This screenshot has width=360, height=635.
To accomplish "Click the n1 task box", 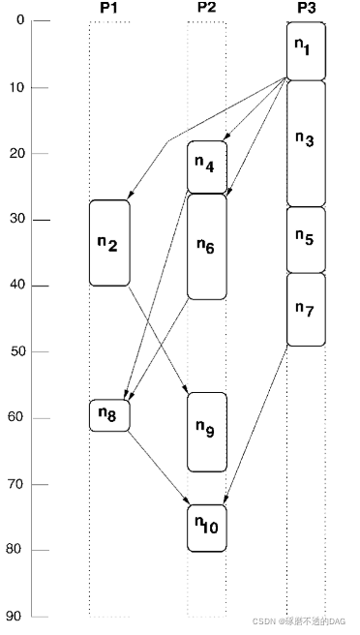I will tap(306, 50).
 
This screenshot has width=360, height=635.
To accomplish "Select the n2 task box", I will tap(109, 243).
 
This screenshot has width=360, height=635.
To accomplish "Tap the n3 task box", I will tap(306, 142).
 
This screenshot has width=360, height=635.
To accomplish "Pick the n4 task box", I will tap(206, 166).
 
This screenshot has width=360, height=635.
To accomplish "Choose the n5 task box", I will tap(306, 239).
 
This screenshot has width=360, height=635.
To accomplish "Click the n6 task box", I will tap(206, 246).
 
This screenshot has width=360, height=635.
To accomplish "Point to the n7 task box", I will tap(306, 309).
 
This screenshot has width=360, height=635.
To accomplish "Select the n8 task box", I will tap(109, 415).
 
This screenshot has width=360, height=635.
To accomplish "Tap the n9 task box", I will tap(206, 432).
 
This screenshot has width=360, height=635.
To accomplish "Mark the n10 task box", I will tap(206, 528).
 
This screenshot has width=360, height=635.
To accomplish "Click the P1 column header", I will tap(108, 8).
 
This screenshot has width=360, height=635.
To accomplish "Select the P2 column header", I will tap(206, 8).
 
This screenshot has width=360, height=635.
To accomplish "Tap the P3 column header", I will tap(306, 8).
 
